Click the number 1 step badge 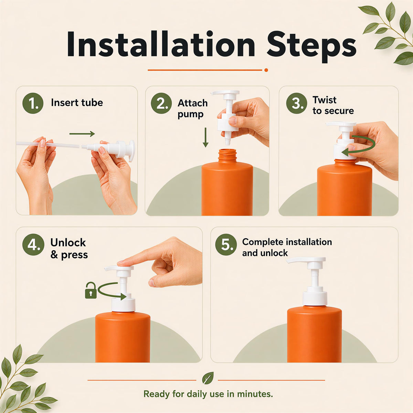(33, 103)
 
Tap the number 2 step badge (161, 103)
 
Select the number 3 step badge (297, 103)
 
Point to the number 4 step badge (33, 245)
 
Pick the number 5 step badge (226, 245)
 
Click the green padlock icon (91, 290)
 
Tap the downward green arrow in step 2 (205, 137)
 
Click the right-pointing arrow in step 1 (82, 134)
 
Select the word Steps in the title (311, 47)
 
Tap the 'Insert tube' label (77, 103)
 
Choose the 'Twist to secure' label (333, 105)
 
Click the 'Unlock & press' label (69, 249)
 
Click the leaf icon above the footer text (208, 378)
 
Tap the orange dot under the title (266, 70)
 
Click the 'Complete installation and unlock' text (287, 247)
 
